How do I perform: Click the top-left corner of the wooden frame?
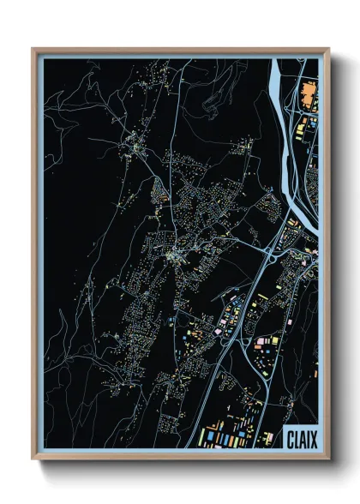tap(33, 50)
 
